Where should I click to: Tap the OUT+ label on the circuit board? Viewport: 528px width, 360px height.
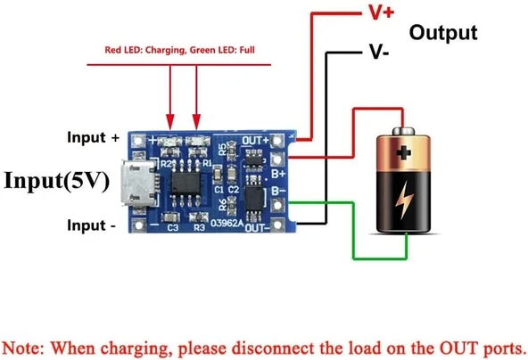(255, 140)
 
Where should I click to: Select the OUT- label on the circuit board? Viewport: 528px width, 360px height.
(257, 228)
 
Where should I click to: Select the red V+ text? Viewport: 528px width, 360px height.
(377, 13)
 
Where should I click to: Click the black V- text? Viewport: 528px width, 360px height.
(377, 52)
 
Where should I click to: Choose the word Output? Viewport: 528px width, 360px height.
(443, 33)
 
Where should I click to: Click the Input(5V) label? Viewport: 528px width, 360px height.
(56, 181)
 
